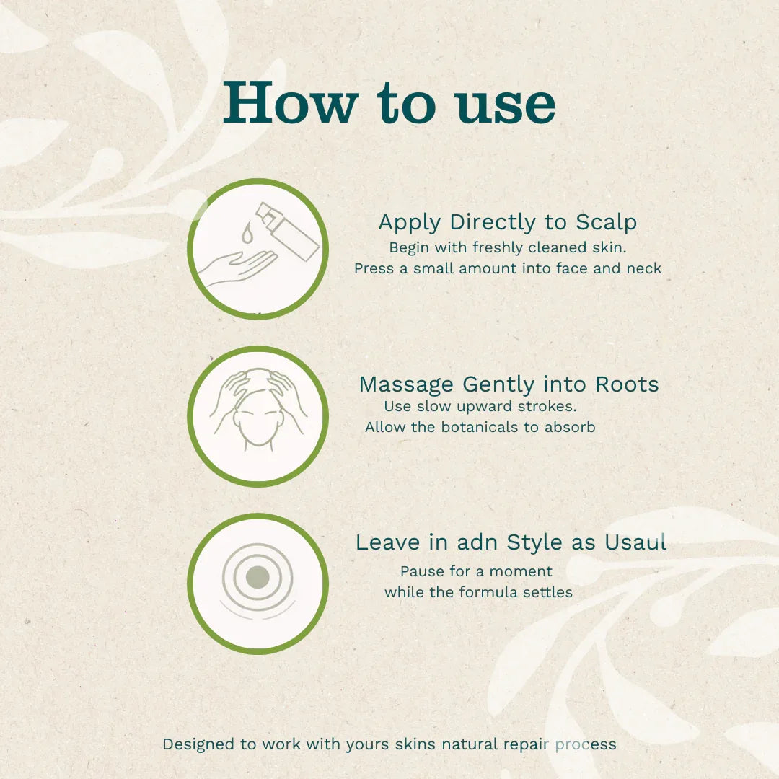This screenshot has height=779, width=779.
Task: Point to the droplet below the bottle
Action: pos(247,232)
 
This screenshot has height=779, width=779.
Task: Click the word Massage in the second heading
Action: pos(406,384)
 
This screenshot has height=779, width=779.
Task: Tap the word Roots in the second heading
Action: pos(626,384)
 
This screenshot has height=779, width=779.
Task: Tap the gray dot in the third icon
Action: pos(258,577)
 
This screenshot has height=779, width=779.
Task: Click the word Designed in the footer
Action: pos(198,744)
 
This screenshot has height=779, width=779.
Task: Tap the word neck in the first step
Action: pos(645,268)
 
